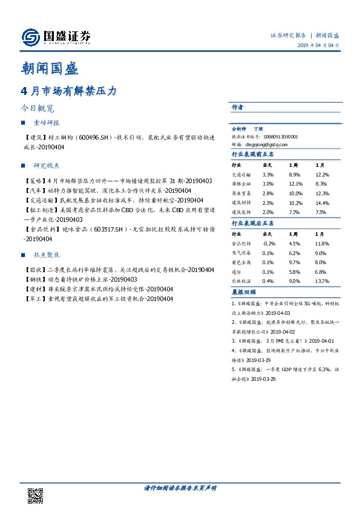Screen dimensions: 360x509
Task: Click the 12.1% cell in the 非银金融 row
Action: (295, 183)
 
